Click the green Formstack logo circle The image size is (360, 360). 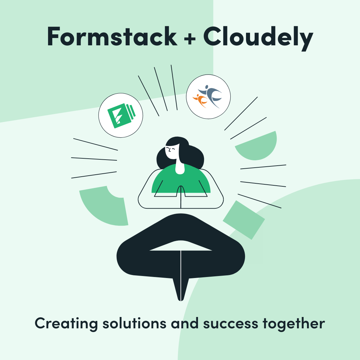[121, 115]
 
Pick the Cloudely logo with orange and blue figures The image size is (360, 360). [208, 96]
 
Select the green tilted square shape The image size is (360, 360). [244, 220]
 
